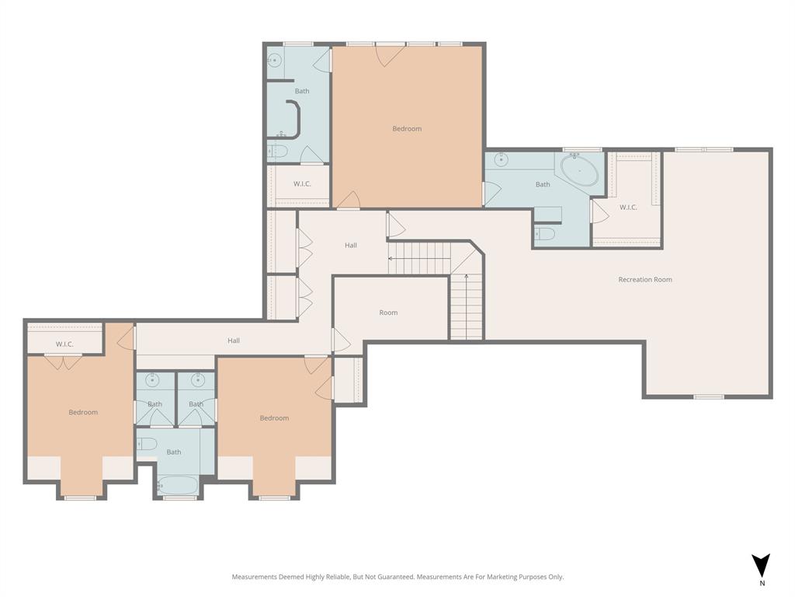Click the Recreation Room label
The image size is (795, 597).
pos(645,280)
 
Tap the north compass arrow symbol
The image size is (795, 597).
pos(761,565)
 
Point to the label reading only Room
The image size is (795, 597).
pos(388,312)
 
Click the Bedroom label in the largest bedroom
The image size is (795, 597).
pos(407,129)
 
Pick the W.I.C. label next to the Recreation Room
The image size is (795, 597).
pos(628,208)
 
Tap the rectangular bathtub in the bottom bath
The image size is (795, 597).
pos(178,485)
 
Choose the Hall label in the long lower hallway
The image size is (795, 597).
pos(234,340)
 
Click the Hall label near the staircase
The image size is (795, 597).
pos(351,246)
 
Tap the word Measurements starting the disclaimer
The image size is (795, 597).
pos(254,577)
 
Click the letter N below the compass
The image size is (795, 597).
pos(762,583)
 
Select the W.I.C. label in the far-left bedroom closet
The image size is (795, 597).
pos(64,344)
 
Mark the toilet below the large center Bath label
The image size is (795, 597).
pos(545,234)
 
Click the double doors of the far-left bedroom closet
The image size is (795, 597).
pos(63,361)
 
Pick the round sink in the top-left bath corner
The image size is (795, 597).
pos(275,59)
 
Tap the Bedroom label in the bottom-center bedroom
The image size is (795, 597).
pos(274,418)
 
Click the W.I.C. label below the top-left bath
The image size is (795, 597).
pos(302,184)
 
